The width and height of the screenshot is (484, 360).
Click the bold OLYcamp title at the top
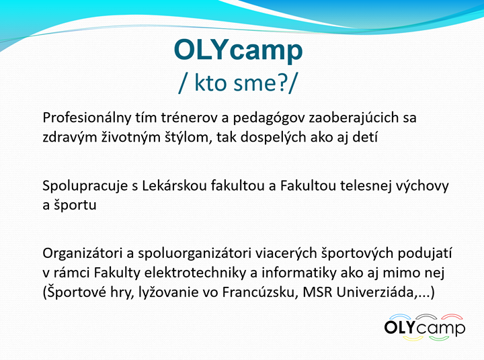[x=238, y=50]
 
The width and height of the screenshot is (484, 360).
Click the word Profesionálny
[x=87, y=118]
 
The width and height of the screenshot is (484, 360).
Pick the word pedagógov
[x=269, y=118]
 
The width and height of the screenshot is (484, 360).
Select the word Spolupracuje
[x=85, y=186]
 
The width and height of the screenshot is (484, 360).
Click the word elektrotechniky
[x=193, y=273]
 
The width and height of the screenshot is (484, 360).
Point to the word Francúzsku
[x=260, y=292]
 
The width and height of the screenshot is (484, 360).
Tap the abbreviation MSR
[x=317, y=292]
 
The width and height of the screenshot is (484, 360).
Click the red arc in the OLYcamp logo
[x=452, y=316]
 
